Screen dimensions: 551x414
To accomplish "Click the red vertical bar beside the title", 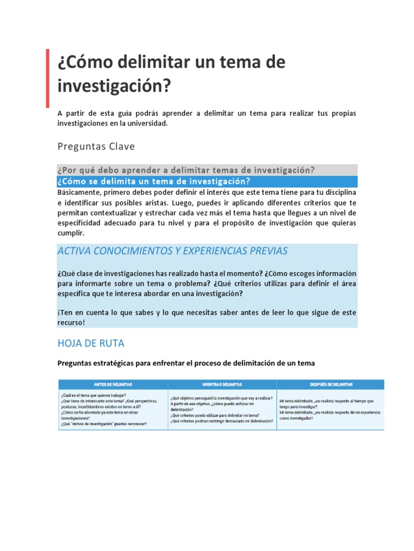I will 47,78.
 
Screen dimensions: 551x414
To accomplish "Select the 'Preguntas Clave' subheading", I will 96,146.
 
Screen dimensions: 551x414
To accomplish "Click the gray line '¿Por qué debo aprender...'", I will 186,170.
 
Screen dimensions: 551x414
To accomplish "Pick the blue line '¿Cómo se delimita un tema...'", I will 154,181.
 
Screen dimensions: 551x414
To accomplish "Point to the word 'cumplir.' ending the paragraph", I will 71,233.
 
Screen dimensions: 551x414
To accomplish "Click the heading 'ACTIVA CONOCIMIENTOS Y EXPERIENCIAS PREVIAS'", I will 172,251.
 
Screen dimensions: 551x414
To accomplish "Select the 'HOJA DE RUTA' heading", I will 91,343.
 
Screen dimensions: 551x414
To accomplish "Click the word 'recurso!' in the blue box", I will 71,322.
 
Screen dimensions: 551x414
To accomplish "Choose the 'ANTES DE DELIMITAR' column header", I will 113,384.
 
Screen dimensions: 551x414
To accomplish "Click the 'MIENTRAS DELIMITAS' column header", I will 222,384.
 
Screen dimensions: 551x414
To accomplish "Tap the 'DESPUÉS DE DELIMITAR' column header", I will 330,384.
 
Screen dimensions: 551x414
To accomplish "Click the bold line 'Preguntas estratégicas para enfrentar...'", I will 186,363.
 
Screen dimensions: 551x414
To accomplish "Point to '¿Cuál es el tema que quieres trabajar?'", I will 95,395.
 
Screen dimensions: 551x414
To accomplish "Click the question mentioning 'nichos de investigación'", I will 103,423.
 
